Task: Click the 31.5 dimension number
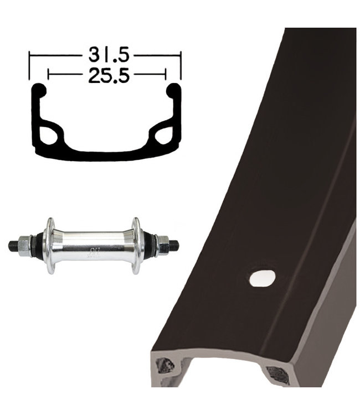109,55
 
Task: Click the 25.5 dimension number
109,75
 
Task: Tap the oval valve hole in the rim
263,278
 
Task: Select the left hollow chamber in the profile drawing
49,136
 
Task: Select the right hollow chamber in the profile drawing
164,136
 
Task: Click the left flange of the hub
50,246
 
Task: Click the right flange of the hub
136,246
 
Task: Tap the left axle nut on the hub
24,246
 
